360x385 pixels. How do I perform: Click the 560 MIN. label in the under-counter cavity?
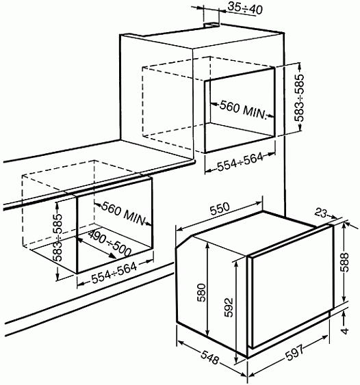125,211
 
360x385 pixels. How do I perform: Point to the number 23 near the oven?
323,213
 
